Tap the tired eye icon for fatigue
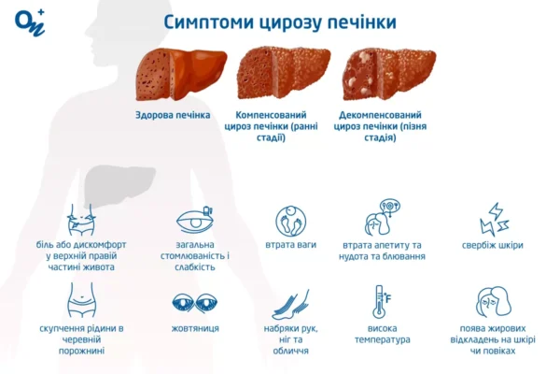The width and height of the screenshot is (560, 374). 195,221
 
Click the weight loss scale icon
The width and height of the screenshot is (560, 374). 290,221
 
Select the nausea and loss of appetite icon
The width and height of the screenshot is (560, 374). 383,219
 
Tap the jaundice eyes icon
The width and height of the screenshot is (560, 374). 195,304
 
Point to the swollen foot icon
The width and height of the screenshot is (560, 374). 290,304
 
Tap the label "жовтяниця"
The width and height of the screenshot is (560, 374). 195,329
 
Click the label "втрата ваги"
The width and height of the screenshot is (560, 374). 290,245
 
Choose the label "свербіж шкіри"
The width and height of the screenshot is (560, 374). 492,246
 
